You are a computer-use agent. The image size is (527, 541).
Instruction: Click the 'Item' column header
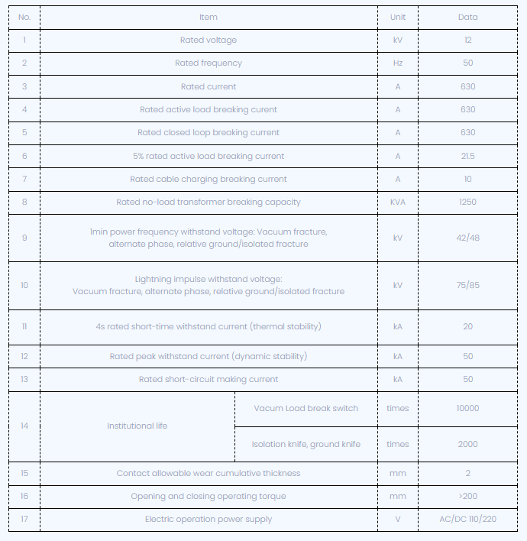pyautogui.click(x=208, y=17)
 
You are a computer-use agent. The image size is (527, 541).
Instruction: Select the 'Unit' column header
pyautogui.click(x=397, y=17)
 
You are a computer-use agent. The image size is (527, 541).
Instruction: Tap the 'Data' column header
pyautogui.click(x=467, y=17)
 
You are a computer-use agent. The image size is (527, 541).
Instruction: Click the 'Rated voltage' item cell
pyautogui.click(x=208, y=40)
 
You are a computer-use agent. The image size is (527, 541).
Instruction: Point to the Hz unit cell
pyautogui.click(x=397, y=63)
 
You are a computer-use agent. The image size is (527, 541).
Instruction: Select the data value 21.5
pyautogui.click(x=467, y=156)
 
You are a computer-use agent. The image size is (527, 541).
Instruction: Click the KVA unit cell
pyautogui.click(x=397, y=202)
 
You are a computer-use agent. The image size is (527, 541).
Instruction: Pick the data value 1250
pyautogui.click(x=467, y=202)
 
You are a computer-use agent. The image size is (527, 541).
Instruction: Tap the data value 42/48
pyautogui.click(x=467, y=238)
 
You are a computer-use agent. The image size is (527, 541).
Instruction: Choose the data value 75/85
pyautogui.click(x=467, y=285)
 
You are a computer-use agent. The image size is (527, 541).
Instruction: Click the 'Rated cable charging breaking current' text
pyautogui.click(x=208, y=179)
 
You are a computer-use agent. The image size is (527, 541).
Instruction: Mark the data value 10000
pyautogui.click(x=467, y=408)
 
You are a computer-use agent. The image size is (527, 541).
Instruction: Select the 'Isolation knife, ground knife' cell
pyautogui.click(x=306, y=444)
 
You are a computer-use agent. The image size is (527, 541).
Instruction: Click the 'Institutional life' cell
pyautogui.click(x=137, y=426)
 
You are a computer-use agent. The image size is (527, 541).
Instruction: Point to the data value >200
pyautogui.click(x=467, y=496)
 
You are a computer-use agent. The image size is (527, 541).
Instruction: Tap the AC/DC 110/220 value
pyautogui.click(x=467, y=519)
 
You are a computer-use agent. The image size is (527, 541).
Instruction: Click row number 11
pyautogui.click(x=24, y=326)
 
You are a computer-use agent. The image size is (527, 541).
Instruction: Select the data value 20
pyautogui.click(x=467, y=326)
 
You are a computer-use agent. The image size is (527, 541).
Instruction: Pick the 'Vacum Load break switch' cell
pyautogui.click(x=306, y=408)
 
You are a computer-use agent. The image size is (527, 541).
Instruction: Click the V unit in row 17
pyautogui.click(x=397, y=519)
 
